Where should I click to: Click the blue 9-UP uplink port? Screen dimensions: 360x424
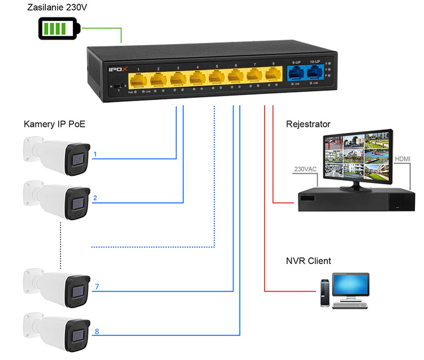(295, 73)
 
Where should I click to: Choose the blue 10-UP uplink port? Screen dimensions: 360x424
(314, 72)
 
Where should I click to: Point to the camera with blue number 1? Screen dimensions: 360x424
(57, 154)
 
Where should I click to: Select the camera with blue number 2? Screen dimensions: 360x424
(57, 198)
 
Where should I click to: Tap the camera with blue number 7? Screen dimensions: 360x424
(57, 287)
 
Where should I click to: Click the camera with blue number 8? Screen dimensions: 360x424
(57, 330)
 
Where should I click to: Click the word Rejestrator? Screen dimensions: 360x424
(308, 124)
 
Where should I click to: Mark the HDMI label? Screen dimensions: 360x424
(403, 159)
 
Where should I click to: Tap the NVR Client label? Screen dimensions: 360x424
(308, 261)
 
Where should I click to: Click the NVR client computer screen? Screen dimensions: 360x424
(350, 287)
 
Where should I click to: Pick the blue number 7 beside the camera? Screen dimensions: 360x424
(97, 287)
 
